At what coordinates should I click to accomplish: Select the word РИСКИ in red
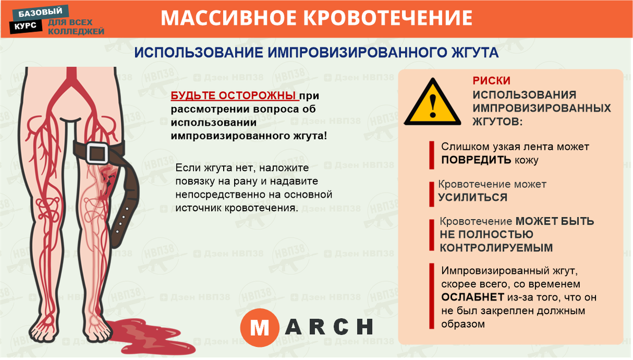point(491,81)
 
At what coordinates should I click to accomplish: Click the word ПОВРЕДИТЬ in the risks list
point(476,160)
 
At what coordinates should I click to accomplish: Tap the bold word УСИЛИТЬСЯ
point(473,198)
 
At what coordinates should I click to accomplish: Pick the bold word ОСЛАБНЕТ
point(472,298)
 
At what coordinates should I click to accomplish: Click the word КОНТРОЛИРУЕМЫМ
point(496,248)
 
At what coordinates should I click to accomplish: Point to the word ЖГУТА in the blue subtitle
point(470,54)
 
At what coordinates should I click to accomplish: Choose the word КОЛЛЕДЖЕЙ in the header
point(76,31)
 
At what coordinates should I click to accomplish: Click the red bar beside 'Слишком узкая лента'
point(431,153)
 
